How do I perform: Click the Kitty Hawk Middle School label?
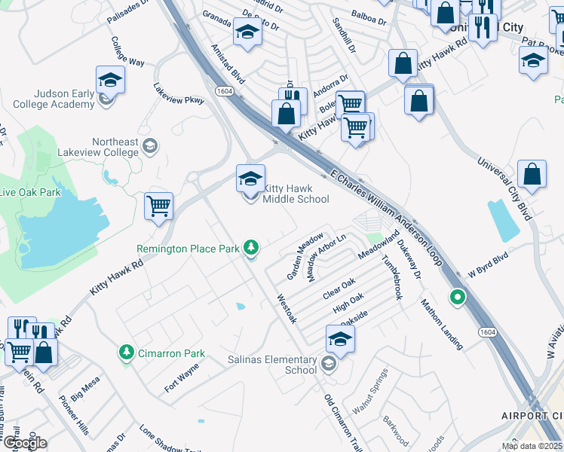click(296, 193)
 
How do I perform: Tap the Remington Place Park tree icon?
click(252, 247)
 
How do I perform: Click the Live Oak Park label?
click(29, 192)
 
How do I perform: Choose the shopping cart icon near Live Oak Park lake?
click(158, 205)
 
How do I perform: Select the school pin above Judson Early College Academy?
click(110, 80)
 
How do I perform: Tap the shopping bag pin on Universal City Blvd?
click(532, 174)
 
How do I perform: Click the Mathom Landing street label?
click(441, 325)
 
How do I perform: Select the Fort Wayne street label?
click(181, 377)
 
